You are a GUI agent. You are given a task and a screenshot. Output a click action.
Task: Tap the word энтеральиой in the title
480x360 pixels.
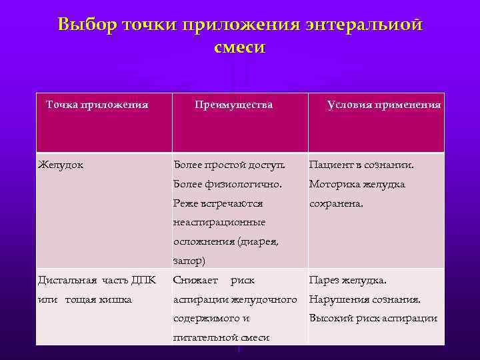click(365, 25)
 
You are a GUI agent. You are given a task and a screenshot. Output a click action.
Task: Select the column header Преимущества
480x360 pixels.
click(233, 105)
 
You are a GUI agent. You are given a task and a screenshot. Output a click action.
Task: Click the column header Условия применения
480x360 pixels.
click(384, 105)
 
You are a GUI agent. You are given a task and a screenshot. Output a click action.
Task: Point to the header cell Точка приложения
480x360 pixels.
click(96, 105)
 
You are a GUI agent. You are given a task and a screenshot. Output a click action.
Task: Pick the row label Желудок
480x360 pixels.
click(61, 165)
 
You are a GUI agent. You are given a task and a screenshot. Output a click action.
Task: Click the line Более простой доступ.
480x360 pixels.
click(229, 165)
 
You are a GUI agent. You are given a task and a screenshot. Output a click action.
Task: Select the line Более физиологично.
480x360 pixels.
click(227, 184)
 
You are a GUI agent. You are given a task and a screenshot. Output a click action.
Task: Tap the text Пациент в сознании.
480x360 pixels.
click(361, 165)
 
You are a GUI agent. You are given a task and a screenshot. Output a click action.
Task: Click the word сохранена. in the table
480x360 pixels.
click(336, 203)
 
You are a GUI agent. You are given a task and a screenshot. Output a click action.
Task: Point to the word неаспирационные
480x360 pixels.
click(219, 222)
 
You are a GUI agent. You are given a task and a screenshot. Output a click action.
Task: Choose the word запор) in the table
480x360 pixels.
click(189, 261)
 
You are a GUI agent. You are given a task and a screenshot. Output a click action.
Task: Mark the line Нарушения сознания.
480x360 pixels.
click(364, 299)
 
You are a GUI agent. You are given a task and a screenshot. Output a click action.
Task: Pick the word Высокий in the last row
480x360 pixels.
click(330, 319)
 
